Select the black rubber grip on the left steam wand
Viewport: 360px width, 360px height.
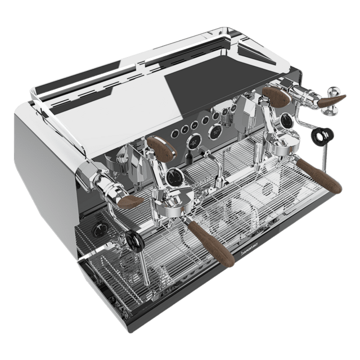(x=133, y=241)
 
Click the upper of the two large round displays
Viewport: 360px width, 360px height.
(x=214, y=132)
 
